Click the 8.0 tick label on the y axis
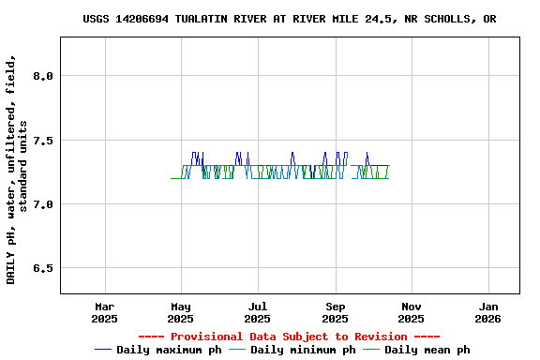(42, 76)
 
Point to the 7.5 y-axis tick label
(42, 141)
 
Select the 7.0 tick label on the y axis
(42, 204)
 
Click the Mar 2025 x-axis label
(105, 312)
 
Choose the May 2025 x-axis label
(181, 312)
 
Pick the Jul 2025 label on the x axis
(258, 312)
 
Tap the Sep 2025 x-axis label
(335, 312)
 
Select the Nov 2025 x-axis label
(411, 312)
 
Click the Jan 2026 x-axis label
(487, 312)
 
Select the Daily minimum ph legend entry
(303, 350)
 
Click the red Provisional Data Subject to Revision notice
(289, 337)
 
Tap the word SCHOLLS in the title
(450, 19)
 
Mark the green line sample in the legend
(372, 350)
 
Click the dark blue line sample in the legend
(104, 350)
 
